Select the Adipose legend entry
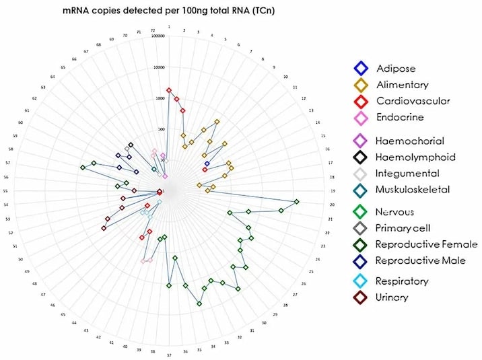[x=396, y=69]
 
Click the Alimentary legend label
[x=403, y=85]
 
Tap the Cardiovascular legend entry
[x=413, y=102]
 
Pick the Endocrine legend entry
[x=400, y=118]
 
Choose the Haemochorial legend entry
[x=410, y=141]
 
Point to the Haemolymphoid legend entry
[x=415, y=157]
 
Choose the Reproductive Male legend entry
[x=420, y=260]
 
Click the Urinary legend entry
[x=392, y=297]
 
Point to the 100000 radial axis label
[x=160, y=40]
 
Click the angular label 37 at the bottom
[x=169, y=355]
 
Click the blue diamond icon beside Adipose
[x=361, y=69]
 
